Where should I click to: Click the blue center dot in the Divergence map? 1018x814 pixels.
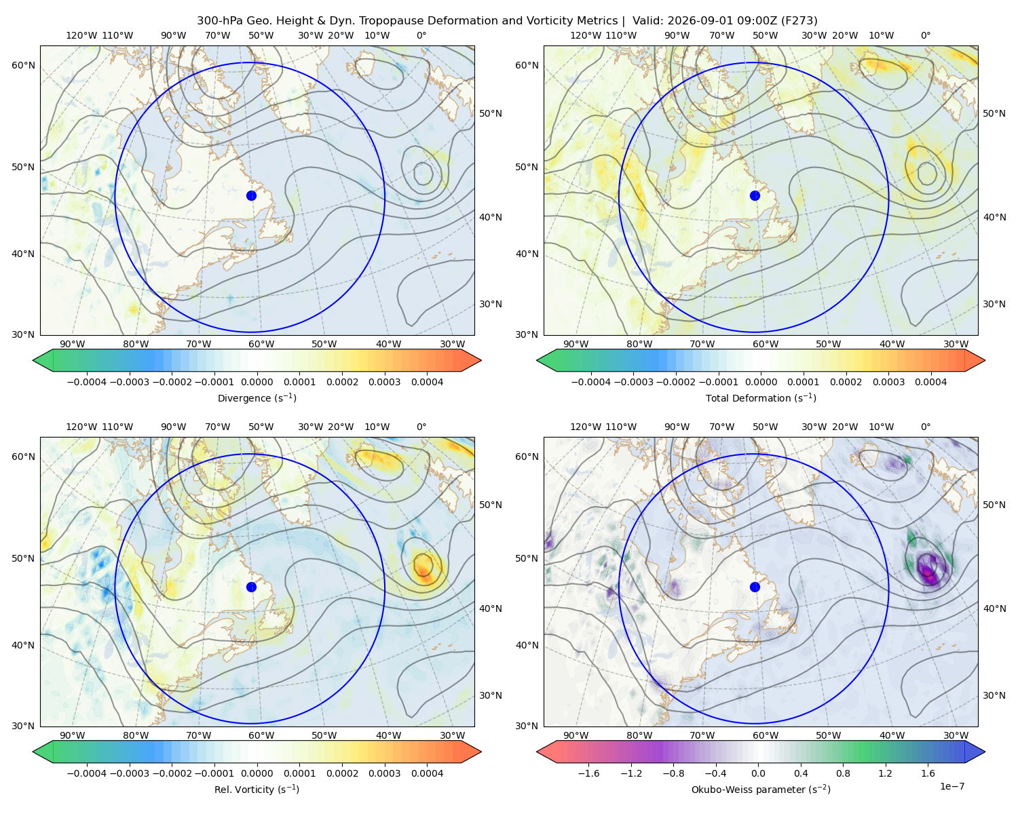tap(251, 195)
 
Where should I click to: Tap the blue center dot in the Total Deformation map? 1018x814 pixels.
tap(755, 195)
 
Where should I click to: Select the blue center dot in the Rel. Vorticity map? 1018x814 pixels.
tap(251, 587)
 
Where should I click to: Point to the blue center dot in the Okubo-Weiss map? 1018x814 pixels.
tap(755, 587)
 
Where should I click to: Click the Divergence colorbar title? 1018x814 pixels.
tap(257, 398)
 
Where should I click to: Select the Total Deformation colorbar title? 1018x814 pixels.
tap(761, 398)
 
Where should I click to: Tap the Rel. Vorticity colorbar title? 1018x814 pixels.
tap(257, 789)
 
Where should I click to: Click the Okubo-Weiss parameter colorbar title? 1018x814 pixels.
tap(761, 789)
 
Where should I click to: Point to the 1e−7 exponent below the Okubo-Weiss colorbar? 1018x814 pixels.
tap(951, 786)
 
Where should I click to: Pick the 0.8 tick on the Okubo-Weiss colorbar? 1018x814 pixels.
tap(843, 773)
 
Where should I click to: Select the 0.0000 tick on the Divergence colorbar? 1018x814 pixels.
tap(257, 382)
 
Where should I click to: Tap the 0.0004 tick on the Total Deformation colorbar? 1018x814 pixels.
tap(930, 382)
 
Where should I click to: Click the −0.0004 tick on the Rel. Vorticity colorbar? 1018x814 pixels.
tap(87, 773)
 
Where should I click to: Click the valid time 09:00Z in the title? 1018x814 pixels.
tap(757, 21)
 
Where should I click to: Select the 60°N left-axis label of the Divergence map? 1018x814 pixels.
tap(23, 65)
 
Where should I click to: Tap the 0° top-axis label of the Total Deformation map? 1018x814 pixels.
tap(925, 35)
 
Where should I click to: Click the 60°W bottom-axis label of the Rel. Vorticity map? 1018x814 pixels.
tap(261, 735)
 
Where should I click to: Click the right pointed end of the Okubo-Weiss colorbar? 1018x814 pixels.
tap(985, 752)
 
